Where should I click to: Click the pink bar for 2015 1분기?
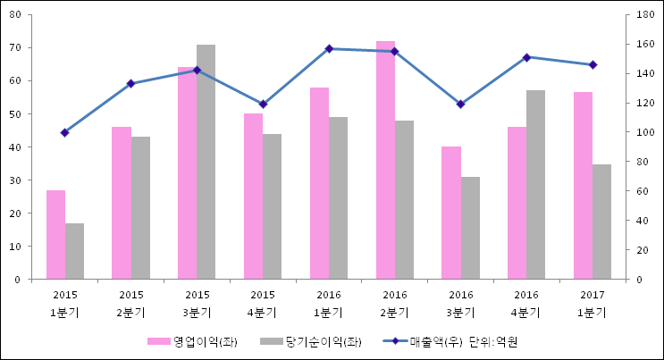pyautogui.click(x=56, y=234)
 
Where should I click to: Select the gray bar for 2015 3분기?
pyautogui.click(x=206, y=162)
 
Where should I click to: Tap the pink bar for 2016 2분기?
pyautogui.click(x=385, y=160)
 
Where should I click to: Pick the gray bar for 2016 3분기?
pyautogui.click(x=470, y=228)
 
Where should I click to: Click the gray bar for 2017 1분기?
pyautogui.click(x=602, y=222)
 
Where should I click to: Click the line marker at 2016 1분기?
pyautogui.click(x=329, y=48)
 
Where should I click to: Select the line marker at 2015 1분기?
pyautogui.click(x=65, y=132)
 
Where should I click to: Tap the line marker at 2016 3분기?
pyautogui.click(x=460, y=104)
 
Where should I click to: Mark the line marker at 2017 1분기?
pyautogui.click(x=593, y=64)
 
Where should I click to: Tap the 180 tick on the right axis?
pyautogui.click(x=644, y=15)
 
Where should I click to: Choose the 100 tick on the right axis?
pyautogui.click(x=644, y=132)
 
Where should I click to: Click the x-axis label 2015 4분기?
pyautogui.click(x=263, y=304)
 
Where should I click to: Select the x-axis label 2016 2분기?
pyautogui.click(x=395, y=304)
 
